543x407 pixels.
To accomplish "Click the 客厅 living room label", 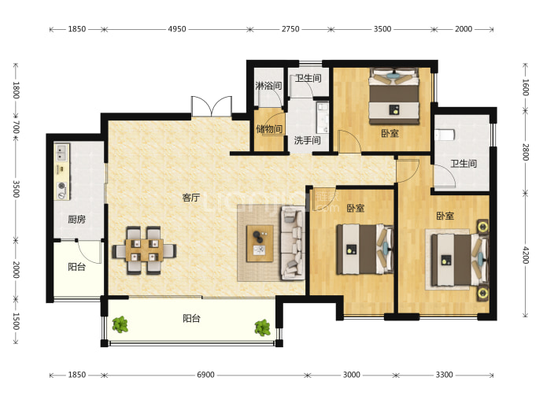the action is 191,198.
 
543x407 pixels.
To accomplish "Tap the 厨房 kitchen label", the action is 76,220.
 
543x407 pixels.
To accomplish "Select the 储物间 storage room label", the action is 269,129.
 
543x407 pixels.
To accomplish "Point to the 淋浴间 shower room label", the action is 268,85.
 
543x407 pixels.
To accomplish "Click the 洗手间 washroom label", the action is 307,140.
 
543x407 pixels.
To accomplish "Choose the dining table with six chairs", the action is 144,250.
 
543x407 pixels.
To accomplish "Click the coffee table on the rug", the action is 260,243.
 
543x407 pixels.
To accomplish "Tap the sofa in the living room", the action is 293,242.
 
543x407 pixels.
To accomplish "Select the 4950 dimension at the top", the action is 177,29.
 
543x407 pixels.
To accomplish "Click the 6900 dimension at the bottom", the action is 205,375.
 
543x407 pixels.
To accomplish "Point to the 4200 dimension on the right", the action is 526,255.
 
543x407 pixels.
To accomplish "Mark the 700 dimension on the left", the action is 16,127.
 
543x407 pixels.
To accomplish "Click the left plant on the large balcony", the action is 120,324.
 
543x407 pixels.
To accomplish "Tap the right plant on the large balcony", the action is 262,327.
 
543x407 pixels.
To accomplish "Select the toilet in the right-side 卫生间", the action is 444,135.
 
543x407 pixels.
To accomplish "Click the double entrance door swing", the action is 212,106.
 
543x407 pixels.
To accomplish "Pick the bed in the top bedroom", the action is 394,96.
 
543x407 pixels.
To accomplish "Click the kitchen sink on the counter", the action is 62,153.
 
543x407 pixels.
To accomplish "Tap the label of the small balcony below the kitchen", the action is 76,267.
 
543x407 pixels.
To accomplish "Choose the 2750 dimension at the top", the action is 290,29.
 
